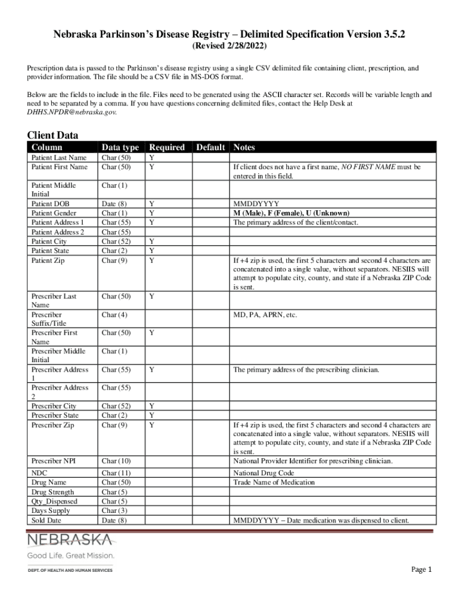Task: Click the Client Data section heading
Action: pos(52,135)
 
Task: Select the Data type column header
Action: pos(120,147)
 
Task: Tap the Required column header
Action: pos(167,147)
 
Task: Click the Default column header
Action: pos(210,147)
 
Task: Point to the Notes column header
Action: pos(244,147)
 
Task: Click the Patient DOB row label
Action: pos(50,204)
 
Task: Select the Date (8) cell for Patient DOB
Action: pos(114,204)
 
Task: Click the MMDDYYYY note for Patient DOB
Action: pos(256,204)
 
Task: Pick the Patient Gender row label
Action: pos(54,213)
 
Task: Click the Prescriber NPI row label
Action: pos(54,461)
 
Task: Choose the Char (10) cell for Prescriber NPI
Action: pos(117,461)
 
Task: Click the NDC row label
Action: pos(40,473)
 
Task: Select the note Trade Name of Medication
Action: pos(274,483)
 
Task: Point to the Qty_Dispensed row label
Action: pos(54,502)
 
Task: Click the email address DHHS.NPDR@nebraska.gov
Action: pos(72,112)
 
